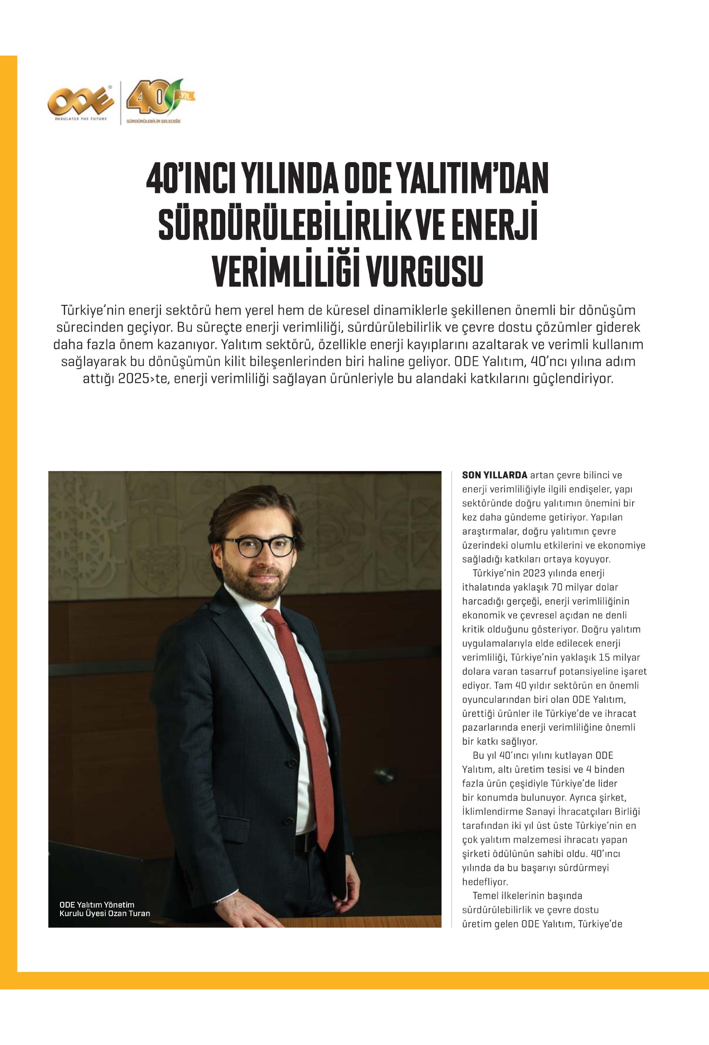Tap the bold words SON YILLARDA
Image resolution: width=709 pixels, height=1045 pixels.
click(x=494, y=475)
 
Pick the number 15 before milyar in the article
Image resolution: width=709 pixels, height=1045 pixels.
click(x=605, y=657)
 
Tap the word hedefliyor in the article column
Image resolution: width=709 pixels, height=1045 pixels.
click(x=485, y=882)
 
